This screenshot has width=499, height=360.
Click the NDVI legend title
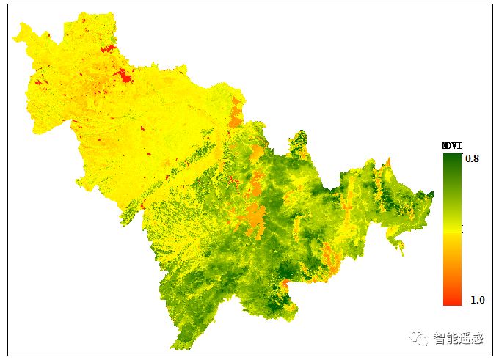pyautogui.click(x=451, y=145)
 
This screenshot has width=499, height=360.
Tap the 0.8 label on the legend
pyautogui.click(x=472, y=158)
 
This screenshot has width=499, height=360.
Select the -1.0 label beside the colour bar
pyautogui.click(x=476, y=300)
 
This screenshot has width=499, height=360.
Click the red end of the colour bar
pyautogui.click(x=452, y=299)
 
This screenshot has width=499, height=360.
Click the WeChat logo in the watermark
pyautogui.click(x=419, y=338)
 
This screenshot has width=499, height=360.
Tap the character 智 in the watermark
pyautogui.click(x=440, y=339)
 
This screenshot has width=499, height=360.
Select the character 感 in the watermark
pyautogui.click(x=478, y=339)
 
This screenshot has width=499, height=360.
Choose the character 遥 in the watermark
pyautogui.click(x=465, y=339)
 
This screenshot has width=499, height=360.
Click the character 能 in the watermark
pyautogui.click(x=452, y=339)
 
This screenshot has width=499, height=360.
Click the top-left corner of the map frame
pyautogui.click(x=7, y=5)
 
